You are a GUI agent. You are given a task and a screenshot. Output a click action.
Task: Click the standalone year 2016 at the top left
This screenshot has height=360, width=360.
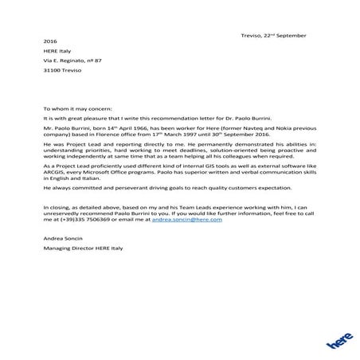pyautogui.click(x=51, y=49)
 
